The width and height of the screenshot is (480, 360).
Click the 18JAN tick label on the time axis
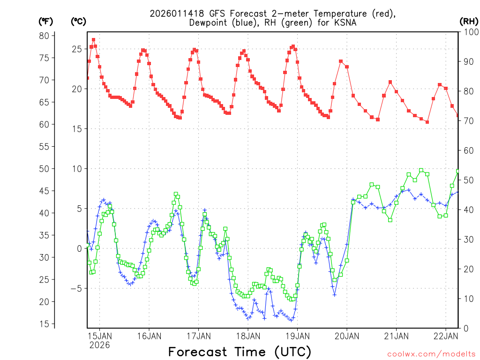pos(247,336)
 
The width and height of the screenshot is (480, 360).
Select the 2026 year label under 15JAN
pos(99,345)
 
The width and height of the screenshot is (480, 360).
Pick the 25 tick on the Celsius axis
pos(76,49)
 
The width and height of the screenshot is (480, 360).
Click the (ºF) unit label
pos(45,21)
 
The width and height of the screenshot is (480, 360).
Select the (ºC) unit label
pos(78,21)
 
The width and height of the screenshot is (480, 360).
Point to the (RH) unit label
pos(468,21)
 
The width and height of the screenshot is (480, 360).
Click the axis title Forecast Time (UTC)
pos(240,352)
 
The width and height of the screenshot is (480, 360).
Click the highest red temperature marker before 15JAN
pos(93,40)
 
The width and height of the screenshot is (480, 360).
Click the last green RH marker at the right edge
pos(458,171)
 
